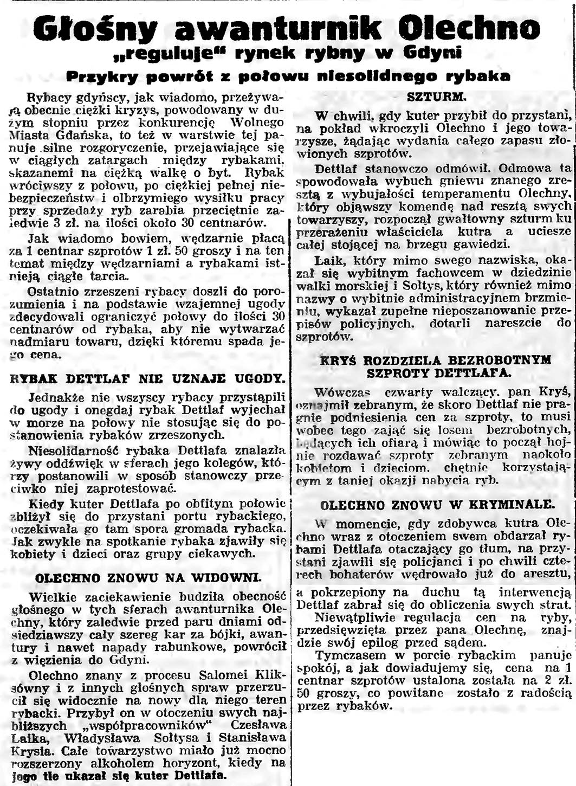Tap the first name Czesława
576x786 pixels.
(258, 725)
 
